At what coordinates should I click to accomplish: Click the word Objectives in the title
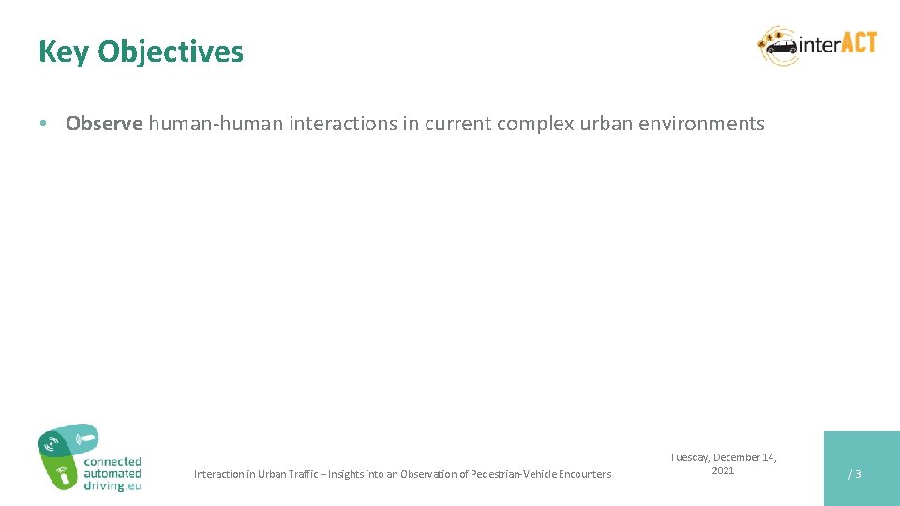(171, 52)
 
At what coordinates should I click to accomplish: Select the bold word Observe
(104, 124)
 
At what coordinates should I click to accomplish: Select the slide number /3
(854, 474)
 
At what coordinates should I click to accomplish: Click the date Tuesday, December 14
(723, 457)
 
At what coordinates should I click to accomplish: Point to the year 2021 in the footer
(723, 470)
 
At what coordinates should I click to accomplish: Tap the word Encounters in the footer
(586, 474)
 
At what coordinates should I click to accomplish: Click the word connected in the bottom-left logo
(112, 462)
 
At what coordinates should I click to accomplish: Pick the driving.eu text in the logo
(112, 486)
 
